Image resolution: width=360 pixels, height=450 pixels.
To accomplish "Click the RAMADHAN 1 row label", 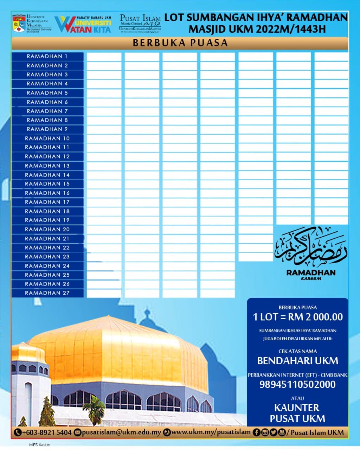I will [47, 56].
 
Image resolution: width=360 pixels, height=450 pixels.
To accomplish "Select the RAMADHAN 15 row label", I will [47, 184].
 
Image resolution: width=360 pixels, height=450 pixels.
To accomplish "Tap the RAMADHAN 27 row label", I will [47, 293].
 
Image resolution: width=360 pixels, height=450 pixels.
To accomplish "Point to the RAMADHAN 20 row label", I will [47, 229].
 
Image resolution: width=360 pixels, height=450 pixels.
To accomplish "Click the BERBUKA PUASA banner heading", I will [180, 43].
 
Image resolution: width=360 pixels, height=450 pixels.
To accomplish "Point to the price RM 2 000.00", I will [297, 317].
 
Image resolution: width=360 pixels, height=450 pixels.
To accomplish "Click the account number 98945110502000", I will [297, 384].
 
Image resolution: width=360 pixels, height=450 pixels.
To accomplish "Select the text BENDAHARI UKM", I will [297, 361].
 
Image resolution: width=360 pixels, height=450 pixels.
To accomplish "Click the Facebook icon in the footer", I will [256, 432].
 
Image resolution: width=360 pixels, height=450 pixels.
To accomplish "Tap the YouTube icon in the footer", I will [282, 432].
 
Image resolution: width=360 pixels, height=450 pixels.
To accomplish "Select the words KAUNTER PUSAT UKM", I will [297, 413].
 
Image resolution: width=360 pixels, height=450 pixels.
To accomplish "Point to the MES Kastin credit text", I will [39, 445].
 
